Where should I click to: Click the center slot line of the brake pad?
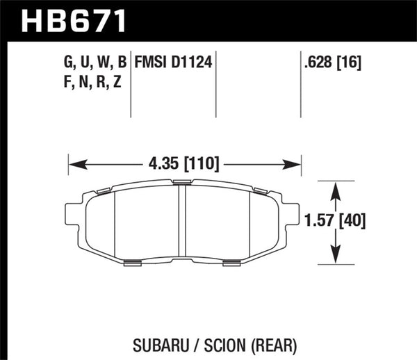[185, 222]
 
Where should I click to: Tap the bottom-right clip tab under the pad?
[232, 262]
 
